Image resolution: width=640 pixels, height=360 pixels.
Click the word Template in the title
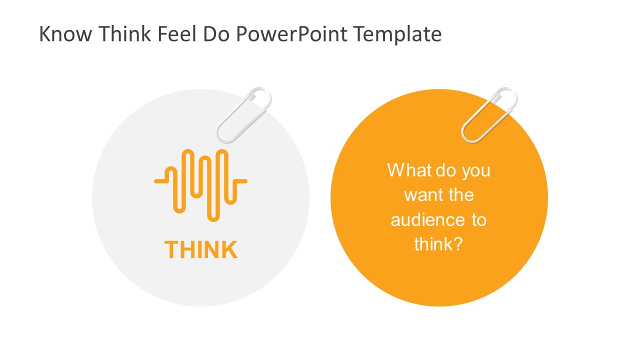[x=397, y=34]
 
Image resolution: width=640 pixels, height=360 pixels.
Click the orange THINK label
[x=201, y=249]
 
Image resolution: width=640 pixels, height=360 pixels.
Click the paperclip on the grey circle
[x=244, y=115]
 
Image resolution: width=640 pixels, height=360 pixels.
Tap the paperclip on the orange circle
[x=489, y=115]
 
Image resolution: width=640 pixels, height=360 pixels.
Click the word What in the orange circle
[x=408, y=170]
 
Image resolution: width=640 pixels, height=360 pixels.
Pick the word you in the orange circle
[x=475, y=170]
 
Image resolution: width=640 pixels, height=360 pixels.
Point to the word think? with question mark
[x=438, y=244]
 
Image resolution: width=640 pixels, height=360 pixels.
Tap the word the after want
[x=461, y=195]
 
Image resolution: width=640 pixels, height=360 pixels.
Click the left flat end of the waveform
[x=159, y=180]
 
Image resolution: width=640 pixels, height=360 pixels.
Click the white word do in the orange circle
[x=446, y=170]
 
